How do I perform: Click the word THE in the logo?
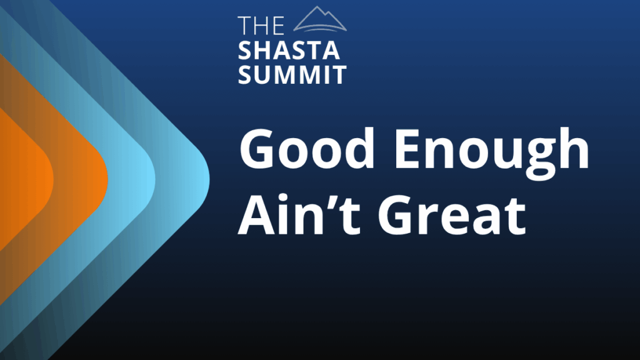261,25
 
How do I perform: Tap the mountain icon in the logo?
320,19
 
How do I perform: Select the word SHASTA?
289,51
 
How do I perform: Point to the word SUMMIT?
292,74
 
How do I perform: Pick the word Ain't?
299,214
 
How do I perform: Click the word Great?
452,216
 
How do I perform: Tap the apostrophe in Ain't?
332,201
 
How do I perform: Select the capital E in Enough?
408,148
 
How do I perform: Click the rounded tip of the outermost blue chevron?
209,179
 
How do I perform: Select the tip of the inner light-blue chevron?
155,179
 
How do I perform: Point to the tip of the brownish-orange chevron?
107,179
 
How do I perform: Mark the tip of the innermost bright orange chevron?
53,179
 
